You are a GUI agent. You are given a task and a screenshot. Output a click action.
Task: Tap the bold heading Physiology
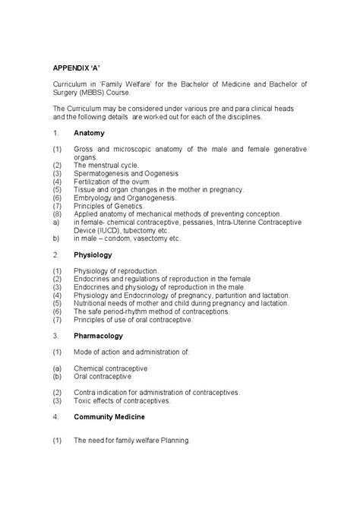[92, 254]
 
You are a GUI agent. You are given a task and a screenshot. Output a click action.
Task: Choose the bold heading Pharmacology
[98, 335]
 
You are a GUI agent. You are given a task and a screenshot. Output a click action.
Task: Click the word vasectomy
[145, 237]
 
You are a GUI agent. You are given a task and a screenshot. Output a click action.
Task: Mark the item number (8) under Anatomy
[56, 213]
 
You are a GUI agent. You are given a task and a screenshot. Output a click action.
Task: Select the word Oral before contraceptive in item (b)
[81, 375]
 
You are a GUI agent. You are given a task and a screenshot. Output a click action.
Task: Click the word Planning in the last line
[173, 440]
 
